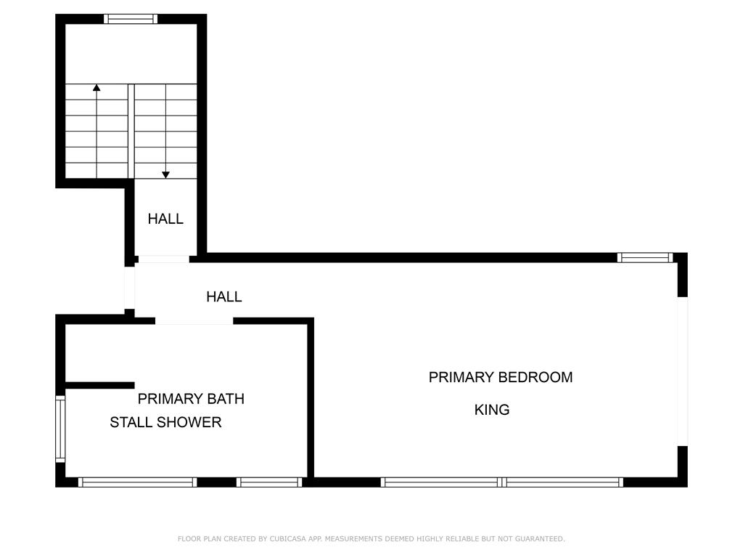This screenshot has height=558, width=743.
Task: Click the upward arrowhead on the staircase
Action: [97, 87]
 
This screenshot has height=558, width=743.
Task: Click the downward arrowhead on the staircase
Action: [166, 175]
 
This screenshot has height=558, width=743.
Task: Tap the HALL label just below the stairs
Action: [165, 219]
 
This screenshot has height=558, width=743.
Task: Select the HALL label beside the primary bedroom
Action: [224, 296]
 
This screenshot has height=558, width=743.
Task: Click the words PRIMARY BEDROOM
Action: [501, 377]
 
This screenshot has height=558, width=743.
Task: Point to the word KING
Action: [492, 410]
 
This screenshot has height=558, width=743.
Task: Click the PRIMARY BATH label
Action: [191, 399]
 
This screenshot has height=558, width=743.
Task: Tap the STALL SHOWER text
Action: [166, 422]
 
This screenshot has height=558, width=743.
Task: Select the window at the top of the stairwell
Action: [131, 19]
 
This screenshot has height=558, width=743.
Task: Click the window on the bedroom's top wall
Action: [645, 258]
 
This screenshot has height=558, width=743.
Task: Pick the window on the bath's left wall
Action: [60, 429]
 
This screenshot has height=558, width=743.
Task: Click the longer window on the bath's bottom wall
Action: [137, 482]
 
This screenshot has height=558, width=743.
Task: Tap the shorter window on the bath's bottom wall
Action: [269, 482]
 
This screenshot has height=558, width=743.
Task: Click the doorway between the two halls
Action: [162, 259]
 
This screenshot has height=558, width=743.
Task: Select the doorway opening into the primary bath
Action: [194, 321]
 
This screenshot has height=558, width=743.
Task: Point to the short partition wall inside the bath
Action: [100, 385]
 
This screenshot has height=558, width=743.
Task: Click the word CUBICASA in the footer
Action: [287, 538]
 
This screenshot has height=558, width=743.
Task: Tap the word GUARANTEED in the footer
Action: [540, 538]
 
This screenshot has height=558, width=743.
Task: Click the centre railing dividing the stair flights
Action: [131, 132]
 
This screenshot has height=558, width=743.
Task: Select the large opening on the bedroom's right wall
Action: [682, 371]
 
